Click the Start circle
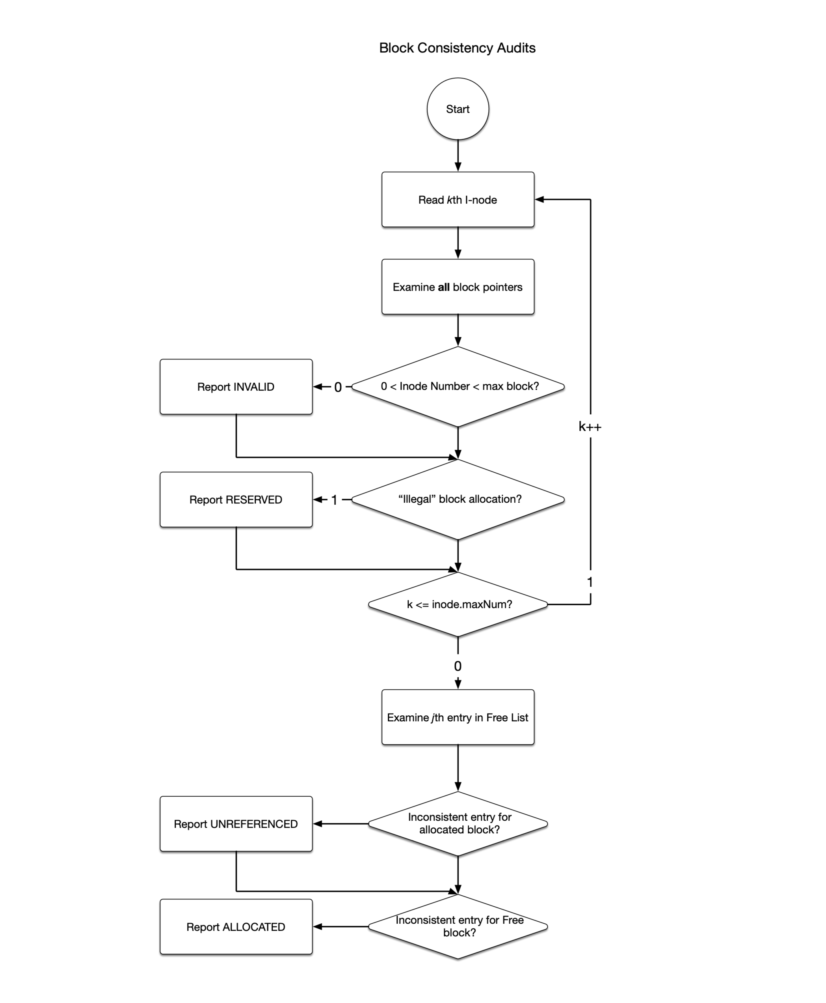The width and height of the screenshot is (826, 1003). click(x=458, y=109)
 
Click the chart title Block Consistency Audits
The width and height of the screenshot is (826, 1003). click(x=457, y=48)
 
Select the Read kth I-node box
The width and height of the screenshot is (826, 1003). click(x=458, y=200)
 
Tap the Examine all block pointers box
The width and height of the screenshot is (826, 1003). click(x=458, y=287)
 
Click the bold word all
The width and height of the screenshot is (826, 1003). click(x=443, y=287)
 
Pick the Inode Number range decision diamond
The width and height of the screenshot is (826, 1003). click(x=458, y=387)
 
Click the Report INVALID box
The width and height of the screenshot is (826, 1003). click(x=236, y=387)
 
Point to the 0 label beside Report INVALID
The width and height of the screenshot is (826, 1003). click(x=338, y=387)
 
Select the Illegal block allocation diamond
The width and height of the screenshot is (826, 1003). click(x=458, y=499)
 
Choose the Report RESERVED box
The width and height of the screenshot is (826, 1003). click(x=236, y=500)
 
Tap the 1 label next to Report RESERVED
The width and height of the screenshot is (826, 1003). click(x=335, y=500)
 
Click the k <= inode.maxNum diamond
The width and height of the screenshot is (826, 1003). click(x=458, y=604)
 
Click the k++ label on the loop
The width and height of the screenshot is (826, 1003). click(x=590, y=427)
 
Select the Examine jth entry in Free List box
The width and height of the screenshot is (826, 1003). click(x=458, y=717)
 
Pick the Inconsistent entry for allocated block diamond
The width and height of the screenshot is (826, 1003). click(x=458, y=823)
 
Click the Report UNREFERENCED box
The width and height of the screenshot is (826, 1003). click(x=236, y=824)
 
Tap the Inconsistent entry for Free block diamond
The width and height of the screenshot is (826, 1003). click(x=458, y=926)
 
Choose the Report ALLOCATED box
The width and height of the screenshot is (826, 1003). click(x=236, y=927)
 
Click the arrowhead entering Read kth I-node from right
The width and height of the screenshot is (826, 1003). click(x=540, y=200)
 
